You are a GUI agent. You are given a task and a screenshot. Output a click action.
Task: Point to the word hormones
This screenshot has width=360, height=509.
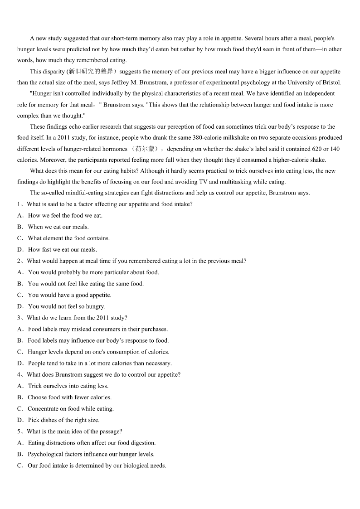(115, 149)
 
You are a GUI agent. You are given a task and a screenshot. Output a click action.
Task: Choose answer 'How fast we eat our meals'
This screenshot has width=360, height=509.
(62, 250)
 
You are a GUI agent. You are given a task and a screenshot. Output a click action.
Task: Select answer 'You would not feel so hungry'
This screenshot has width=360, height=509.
(66, 307)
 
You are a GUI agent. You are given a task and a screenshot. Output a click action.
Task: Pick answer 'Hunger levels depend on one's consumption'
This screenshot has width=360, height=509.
(98, 352)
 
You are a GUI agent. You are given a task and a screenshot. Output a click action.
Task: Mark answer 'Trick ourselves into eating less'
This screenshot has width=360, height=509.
(68, 386)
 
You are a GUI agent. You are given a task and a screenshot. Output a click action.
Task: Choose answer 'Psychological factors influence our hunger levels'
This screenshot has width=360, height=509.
(91, 454)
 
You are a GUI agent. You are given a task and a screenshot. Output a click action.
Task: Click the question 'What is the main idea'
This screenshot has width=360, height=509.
(74, 431)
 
